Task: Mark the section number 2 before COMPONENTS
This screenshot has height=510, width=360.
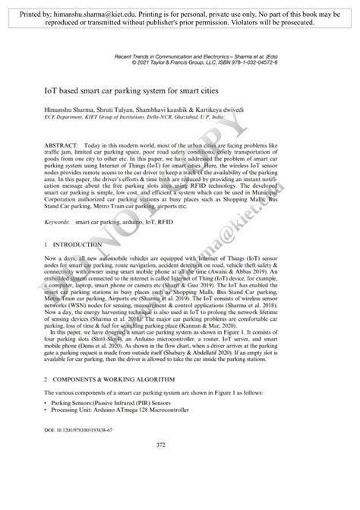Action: tap(46, 378)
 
